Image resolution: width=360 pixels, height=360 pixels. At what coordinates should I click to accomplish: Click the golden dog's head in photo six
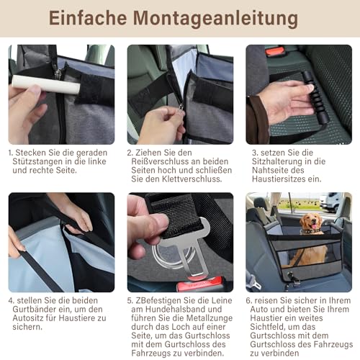pos(311,224)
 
